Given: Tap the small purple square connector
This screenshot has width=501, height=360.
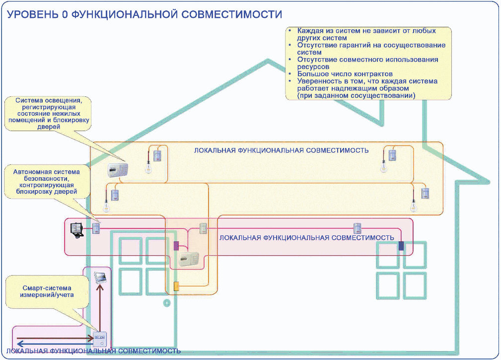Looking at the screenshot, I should (x=176, y=245).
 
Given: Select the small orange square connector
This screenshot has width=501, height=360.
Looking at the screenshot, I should (x=176, y=286).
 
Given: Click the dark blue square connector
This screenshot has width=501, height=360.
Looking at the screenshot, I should (x=401, y=245).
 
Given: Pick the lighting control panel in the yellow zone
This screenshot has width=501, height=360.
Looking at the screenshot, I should (x=118, y=169).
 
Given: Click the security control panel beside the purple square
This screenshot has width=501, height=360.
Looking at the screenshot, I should (x=189, y=258).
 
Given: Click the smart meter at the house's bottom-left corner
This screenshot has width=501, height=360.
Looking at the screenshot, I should (x=100, y=339).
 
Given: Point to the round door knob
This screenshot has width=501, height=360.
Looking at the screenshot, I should (x=167, y=302).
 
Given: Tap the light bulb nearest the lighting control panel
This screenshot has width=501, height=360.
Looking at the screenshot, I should (x=147, y=167).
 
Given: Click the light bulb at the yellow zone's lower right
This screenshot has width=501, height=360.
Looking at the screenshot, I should (x=413, y=205).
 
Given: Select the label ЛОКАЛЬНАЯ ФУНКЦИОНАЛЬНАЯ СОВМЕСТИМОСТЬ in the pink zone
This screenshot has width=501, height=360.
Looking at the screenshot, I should (x=306, y=238).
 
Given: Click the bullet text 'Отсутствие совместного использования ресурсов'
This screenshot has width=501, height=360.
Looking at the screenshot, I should (x=367, y=63).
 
